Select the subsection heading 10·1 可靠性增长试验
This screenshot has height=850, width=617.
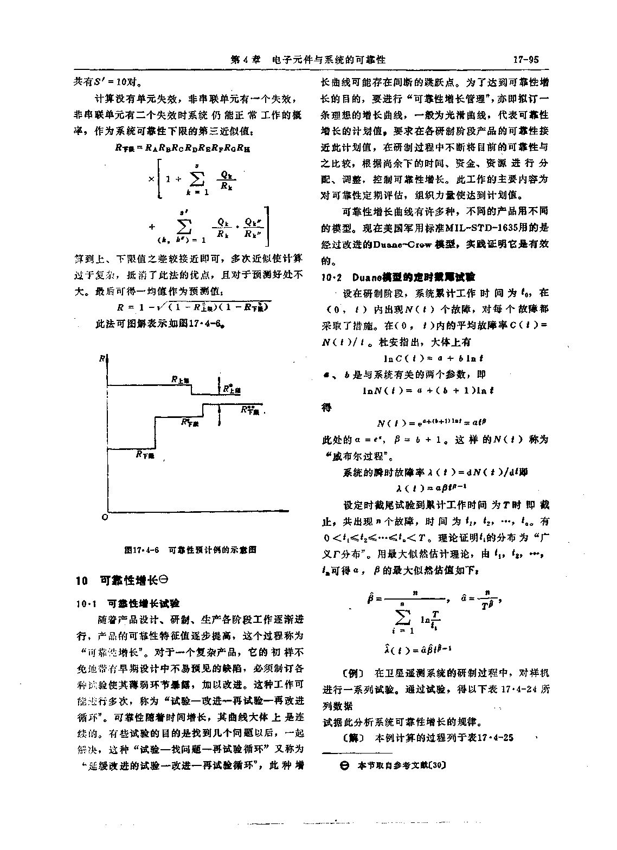[128, 603]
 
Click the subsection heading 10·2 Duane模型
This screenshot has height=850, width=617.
[398, 278]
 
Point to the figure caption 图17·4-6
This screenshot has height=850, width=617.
[190, 550]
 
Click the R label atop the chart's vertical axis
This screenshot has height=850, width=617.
[102, 359]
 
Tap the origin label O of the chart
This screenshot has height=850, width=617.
[104, 518]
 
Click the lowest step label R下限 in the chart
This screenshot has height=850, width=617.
[145, 455]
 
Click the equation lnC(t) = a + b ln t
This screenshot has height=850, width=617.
[433, 359]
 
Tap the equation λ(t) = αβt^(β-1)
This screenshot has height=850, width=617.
[433, 487]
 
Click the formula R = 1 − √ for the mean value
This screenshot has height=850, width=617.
[193, 307]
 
